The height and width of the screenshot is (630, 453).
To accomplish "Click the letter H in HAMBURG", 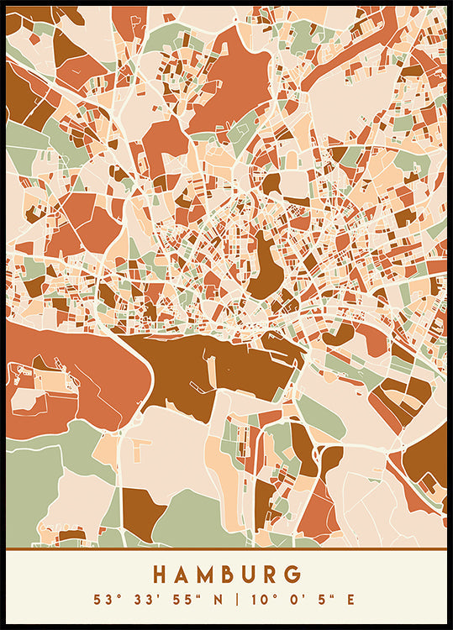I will (161, 575).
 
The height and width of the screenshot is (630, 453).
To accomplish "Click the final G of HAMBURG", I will (292, 575).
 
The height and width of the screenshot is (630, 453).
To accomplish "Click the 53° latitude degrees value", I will (105, 599).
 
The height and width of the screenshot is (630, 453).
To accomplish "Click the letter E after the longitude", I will (350, 599).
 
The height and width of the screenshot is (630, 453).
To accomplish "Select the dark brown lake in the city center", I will (265, 269).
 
